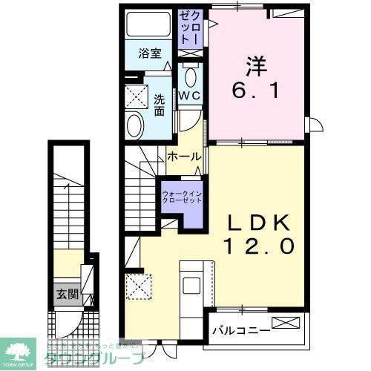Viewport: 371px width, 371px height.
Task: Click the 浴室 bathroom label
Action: (151, 53)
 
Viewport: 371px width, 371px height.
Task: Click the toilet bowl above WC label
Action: (188, 76)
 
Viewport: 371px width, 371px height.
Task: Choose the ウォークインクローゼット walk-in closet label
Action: (180, 197)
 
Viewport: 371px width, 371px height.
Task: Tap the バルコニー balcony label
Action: (238, 326)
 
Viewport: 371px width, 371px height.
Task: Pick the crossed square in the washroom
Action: (137, 95)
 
